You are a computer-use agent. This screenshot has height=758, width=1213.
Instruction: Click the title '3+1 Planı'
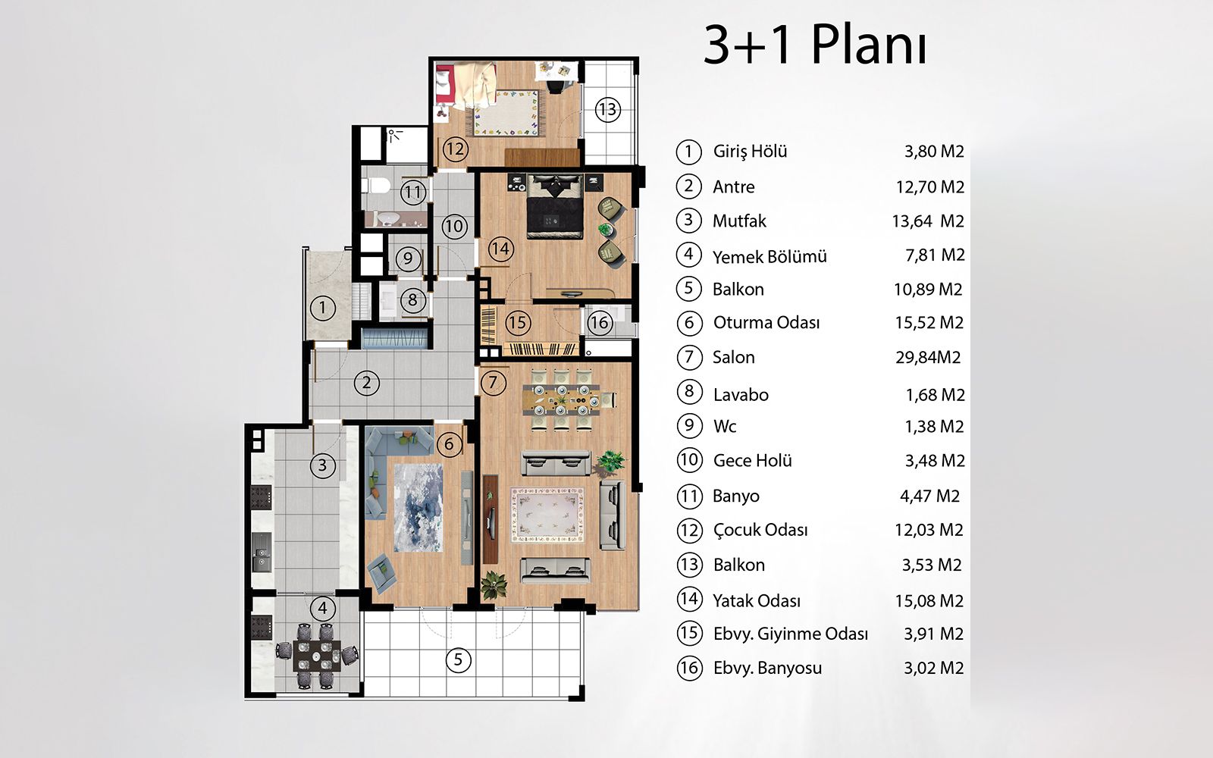pyautogui.click(x=815, y=45)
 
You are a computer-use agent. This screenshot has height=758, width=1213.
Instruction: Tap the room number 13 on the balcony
pyautogui.click(x=607, y=109)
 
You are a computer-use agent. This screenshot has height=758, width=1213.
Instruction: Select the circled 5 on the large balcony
pyautogui.click(x=458, y=659)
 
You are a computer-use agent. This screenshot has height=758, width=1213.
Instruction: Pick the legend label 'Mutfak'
pyautogui.click(x=739, y=221)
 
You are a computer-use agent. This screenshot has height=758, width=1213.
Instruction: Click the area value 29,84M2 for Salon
pyautogui.click(x=928, y=357)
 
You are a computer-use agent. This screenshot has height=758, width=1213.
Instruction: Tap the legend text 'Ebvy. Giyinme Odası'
pyautogui.click(x=790, y=634)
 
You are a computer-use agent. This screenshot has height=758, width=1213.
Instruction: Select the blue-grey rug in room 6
pyautogui.click(x=418, y=507)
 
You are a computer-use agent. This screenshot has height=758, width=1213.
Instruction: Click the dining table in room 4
pyautogui.click(x=316, y=656)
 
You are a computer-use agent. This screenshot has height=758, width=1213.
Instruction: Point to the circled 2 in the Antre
pyautogui.click(x=367, y=383)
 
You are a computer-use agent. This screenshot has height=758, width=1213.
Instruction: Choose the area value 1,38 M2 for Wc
pyautogui.click(x=934, y=427)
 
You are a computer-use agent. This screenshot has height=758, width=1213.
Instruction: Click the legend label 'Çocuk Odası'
pyautogui.click(x=760, y=530)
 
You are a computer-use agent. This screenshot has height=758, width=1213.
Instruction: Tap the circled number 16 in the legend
pyautogui.click(x=689, y=668)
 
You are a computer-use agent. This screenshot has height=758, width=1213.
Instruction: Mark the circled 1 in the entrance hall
pyautogui.click(x=323, y=308)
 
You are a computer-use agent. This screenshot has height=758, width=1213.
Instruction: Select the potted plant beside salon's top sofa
pyautogui.click(x=611, y=462)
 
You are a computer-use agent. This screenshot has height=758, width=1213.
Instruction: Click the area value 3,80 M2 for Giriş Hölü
pyautogui.click(x=934, y=151)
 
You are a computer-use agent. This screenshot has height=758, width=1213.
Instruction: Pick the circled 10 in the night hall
pyautogui.click(x=454, y=226)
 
